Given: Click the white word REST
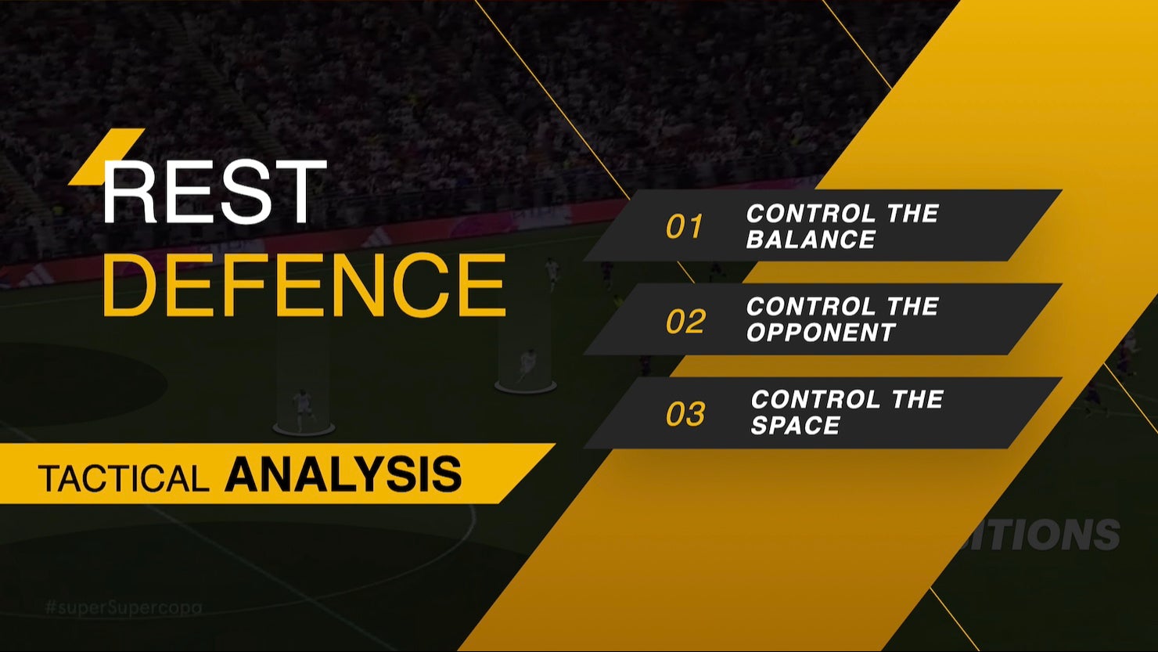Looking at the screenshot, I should pyautogui.click(x=213, y=192).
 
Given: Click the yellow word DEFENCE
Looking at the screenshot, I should pyautogui.click(x=305, y=285).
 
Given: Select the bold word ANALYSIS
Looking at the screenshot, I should pyautogui.click(x=343, y=474).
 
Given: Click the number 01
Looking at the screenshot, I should pyautogui.click(x=685, y=227).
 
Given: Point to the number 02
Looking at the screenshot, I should pyautogui.click(x=685, y=322).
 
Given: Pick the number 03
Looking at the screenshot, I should pyautogui.click(x=685, y=415).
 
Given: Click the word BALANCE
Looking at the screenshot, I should pyautogui.click(x=811, y=240).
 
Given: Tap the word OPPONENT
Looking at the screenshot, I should pyautogui.click(x=821, y=333).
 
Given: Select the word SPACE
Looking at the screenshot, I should pyautogui.click(x=795, y=426).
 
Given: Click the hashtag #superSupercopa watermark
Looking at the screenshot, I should pyautogui.click(x=124, y=607).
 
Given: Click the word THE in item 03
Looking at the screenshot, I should pyautogui.click(x=917, y=400).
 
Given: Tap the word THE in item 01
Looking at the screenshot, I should pyautogui.click(x=912, y=214).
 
